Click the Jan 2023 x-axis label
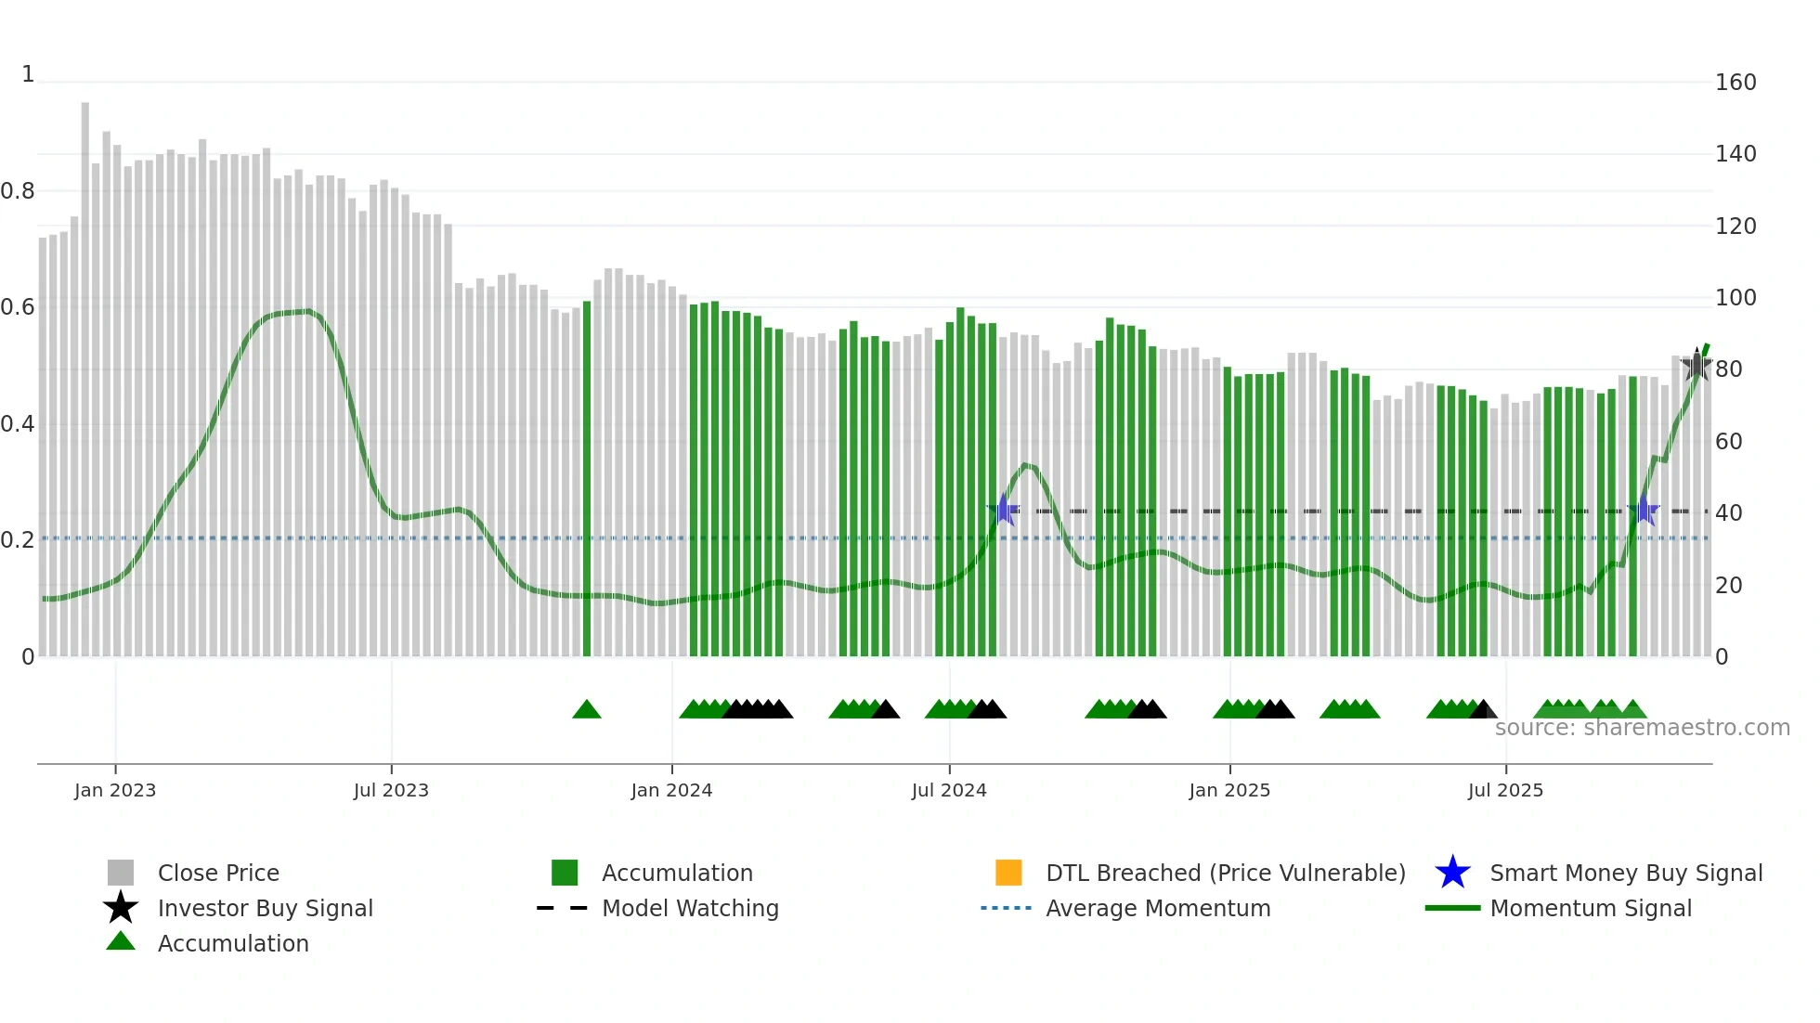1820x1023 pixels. click(x=115, y=790)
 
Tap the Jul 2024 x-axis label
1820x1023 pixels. click(x=949, y=790)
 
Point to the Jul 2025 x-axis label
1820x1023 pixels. click(x=1505, y=790)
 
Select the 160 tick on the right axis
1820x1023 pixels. click(x=1735, y=83)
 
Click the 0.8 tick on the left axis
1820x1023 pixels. click(x=18, y=191)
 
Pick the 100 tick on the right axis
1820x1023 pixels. click(x=1735, y=298)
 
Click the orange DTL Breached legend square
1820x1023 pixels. click(x=1008, y=873)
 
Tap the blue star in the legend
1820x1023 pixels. click(x=1452, y=873)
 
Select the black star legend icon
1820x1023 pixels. click(x=121, y=908)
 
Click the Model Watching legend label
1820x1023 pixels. click(x=690, y=908)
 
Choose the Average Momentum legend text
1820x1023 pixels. click(x=1158, y=908)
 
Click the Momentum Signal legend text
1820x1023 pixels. click(x=1591, y=908)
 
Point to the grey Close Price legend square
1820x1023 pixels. click(x=121, y=873)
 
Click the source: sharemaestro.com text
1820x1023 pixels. click(x=1642, y=728)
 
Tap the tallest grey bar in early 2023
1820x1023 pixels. click(x=85, y=371)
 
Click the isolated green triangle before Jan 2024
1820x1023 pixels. click(x=587, y=710)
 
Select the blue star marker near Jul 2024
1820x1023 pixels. click(x=1003, y=510)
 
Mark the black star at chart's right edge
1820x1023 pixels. click(x=1696, y=365)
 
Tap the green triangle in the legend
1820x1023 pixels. click(x=121, y=941)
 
